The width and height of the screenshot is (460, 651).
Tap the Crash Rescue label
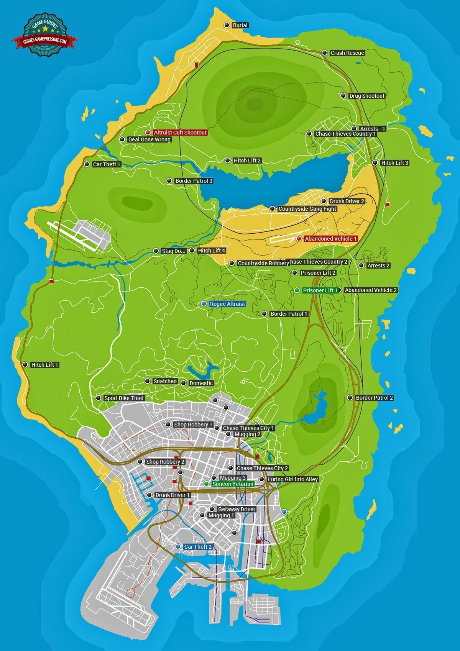[347, 53]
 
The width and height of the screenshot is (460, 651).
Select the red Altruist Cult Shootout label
[180, 133]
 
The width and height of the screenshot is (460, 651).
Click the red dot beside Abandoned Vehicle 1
[299, 239]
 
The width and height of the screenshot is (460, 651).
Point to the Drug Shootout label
[367, 96]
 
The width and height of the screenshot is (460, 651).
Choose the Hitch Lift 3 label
[395, 163]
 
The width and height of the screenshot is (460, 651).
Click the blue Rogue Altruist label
[227, 304]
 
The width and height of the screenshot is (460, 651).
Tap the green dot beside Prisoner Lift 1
[297, 290]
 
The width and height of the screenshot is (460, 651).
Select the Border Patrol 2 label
[375, 398]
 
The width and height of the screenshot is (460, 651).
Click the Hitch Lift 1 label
[45, 365]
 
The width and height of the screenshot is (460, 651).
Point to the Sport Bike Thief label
[124, 398]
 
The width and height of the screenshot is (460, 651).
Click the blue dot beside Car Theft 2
[178, 546]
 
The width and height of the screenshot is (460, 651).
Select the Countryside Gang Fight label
[307, 209]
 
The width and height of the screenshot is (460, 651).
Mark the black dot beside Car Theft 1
[87, 164]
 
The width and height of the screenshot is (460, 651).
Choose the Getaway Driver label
[237, 509]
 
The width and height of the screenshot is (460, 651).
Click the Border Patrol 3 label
[194, 181]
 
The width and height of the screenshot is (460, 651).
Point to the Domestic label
[201, 383]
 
